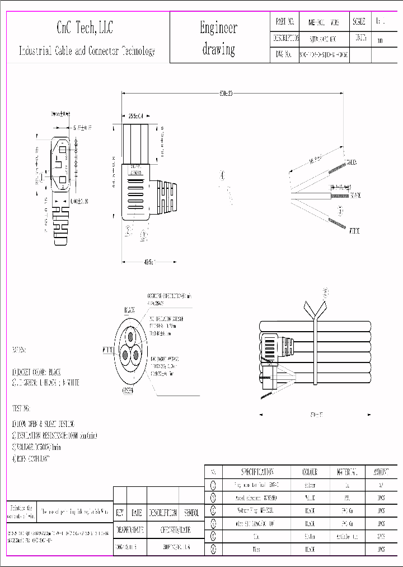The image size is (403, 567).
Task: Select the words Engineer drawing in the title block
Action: [x=218, y=38]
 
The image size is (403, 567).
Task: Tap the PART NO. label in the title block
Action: [x=285, y=22]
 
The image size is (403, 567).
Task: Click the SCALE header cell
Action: [x=359, y=22]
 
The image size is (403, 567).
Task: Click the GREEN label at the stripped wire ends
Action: [x=352, y=162]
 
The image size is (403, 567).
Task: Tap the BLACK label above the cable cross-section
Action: [x=130, y=309]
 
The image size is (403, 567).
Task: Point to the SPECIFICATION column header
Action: [x=257, y=472]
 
